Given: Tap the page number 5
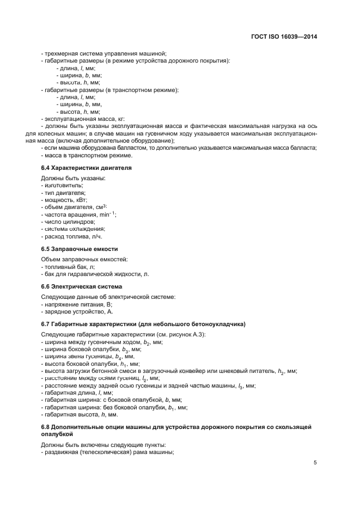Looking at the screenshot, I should pyautogui.click(x=315, y=463).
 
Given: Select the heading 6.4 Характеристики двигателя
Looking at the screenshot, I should pyautogui.click(x=86, y=168).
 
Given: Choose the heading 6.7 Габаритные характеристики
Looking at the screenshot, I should pyautogui.click(x=143, y=324).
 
